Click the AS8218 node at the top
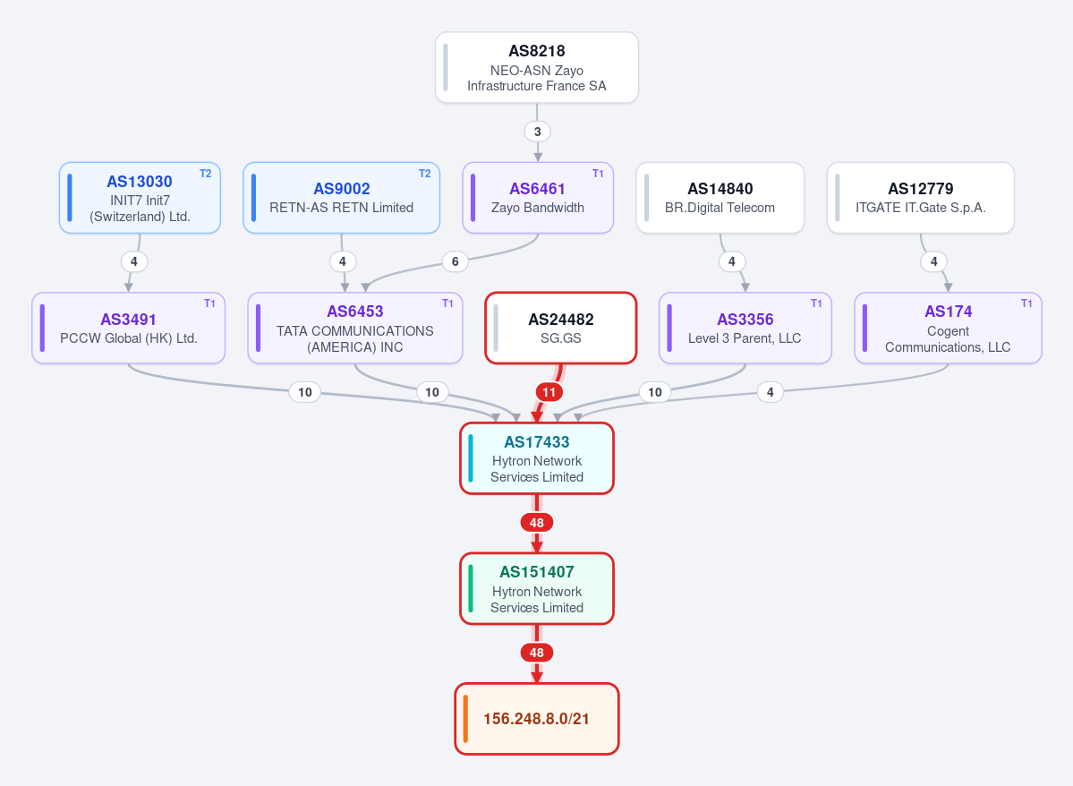tap(537, 68)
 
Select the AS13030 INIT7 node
tap(140, 198)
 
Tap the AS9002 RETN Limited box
tap(342, 198)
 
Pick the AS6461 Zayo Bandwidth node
tap(538, 198)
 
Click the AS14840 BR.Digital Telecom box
tap(720, 198)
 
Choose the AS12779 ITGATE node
tap(920, 198)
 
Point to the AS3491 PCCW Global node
tap(129, 328)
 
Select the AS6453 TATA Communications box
tap(355, 328)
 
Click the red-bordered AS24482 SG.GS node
tap(561, 328)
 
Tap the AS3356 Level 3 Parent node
tap(745, 328)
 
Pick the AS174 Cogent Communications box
tap(948, 328)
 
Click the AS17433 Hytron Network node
tap(537, 458)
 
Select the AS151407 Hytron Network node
tap(537, 589)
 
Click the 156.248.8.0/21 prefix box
tap(537, 719)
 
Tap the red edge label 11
tap(549, 392)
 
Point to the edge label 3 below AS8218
tap(537, 132)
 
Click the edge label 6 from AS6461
tap(456, 261)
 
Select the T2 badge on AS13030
tap(205, 174)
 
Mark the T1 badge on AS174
tap(1026, 303)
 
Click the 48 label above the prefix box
tap(537, 653)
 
